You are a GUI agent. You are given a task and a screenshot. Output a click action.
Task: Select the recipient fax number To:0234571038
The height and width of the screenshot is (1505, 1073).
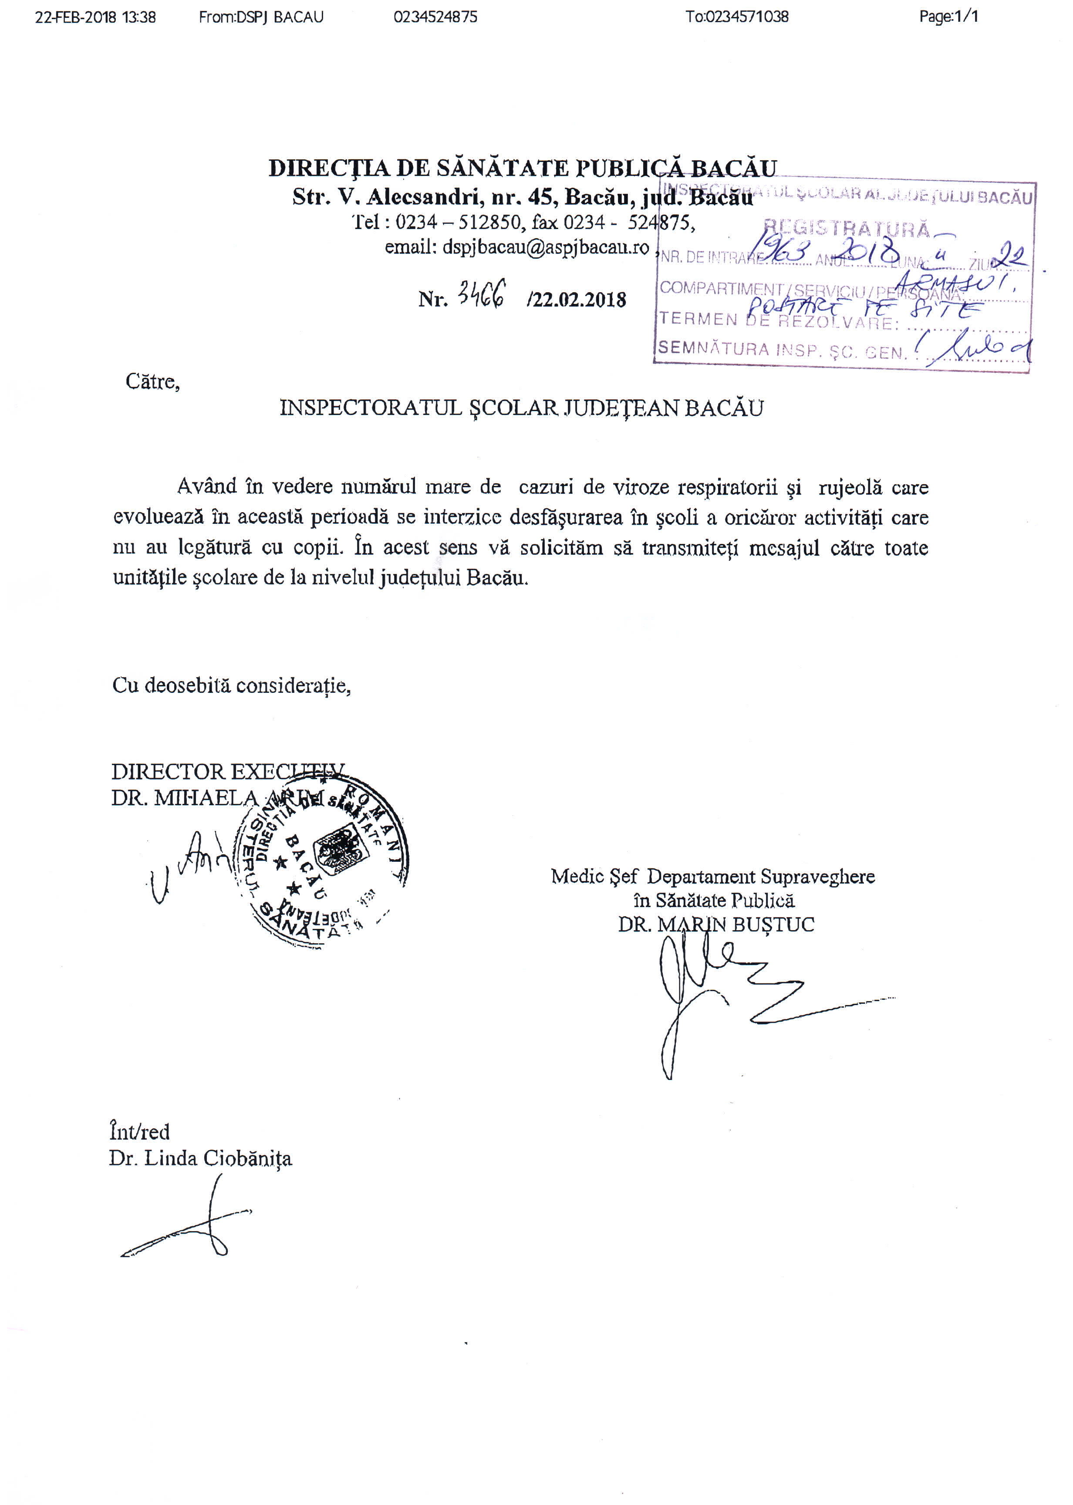point(737,17)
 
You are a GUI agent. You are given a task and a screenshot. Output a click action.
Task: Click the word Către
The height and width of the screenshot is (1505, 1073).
point(152,382)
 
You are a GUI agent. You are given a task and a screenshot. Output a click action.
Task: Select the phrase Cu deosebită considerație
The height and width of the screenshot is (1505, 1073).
point(231,685)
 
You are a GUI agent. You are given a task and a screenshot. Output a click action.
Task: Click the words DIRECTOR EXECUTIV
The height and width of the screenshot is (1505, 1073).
point(227,772)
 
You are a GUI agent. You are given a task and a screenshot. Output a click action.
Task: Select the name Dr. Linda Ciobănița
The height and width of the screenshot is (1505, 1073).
point(200,1158)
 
